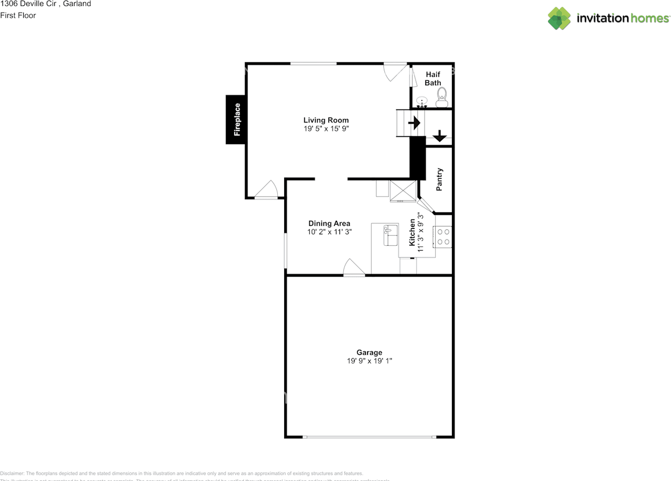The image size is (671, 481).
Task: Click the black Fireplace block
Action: (236, 119)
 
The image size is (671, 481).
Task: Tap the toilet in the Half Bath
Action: (441, 97)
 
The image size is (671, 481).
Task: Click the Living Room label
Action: (326, 120)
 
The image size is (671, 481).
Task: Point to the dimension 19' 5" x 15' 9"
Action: (326, 128)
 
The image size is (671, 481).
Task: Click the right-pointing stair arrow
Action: (414, 123)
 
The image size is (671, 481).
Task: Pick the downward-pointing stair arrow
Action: (439, 136)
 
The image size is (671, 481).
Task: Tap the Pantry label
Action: (439, 179)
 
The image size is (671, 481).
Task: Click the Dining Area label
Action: (329, 223)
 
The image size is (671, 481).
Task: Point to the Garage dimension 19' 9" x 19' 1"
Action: (369, 360)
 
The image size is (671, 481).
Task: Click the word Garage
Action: (369, 353)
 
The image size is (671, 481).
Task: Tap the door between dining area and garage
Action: (354, 269)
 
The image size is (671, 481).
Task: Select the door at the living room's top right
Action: (394, 71)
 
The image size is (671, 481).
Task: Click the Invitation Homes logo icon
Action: (559, 18)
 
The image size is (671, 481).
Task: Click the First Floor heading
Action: (18, 16)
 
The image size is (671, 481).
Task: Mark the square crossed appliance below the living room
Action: (403, 191)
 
